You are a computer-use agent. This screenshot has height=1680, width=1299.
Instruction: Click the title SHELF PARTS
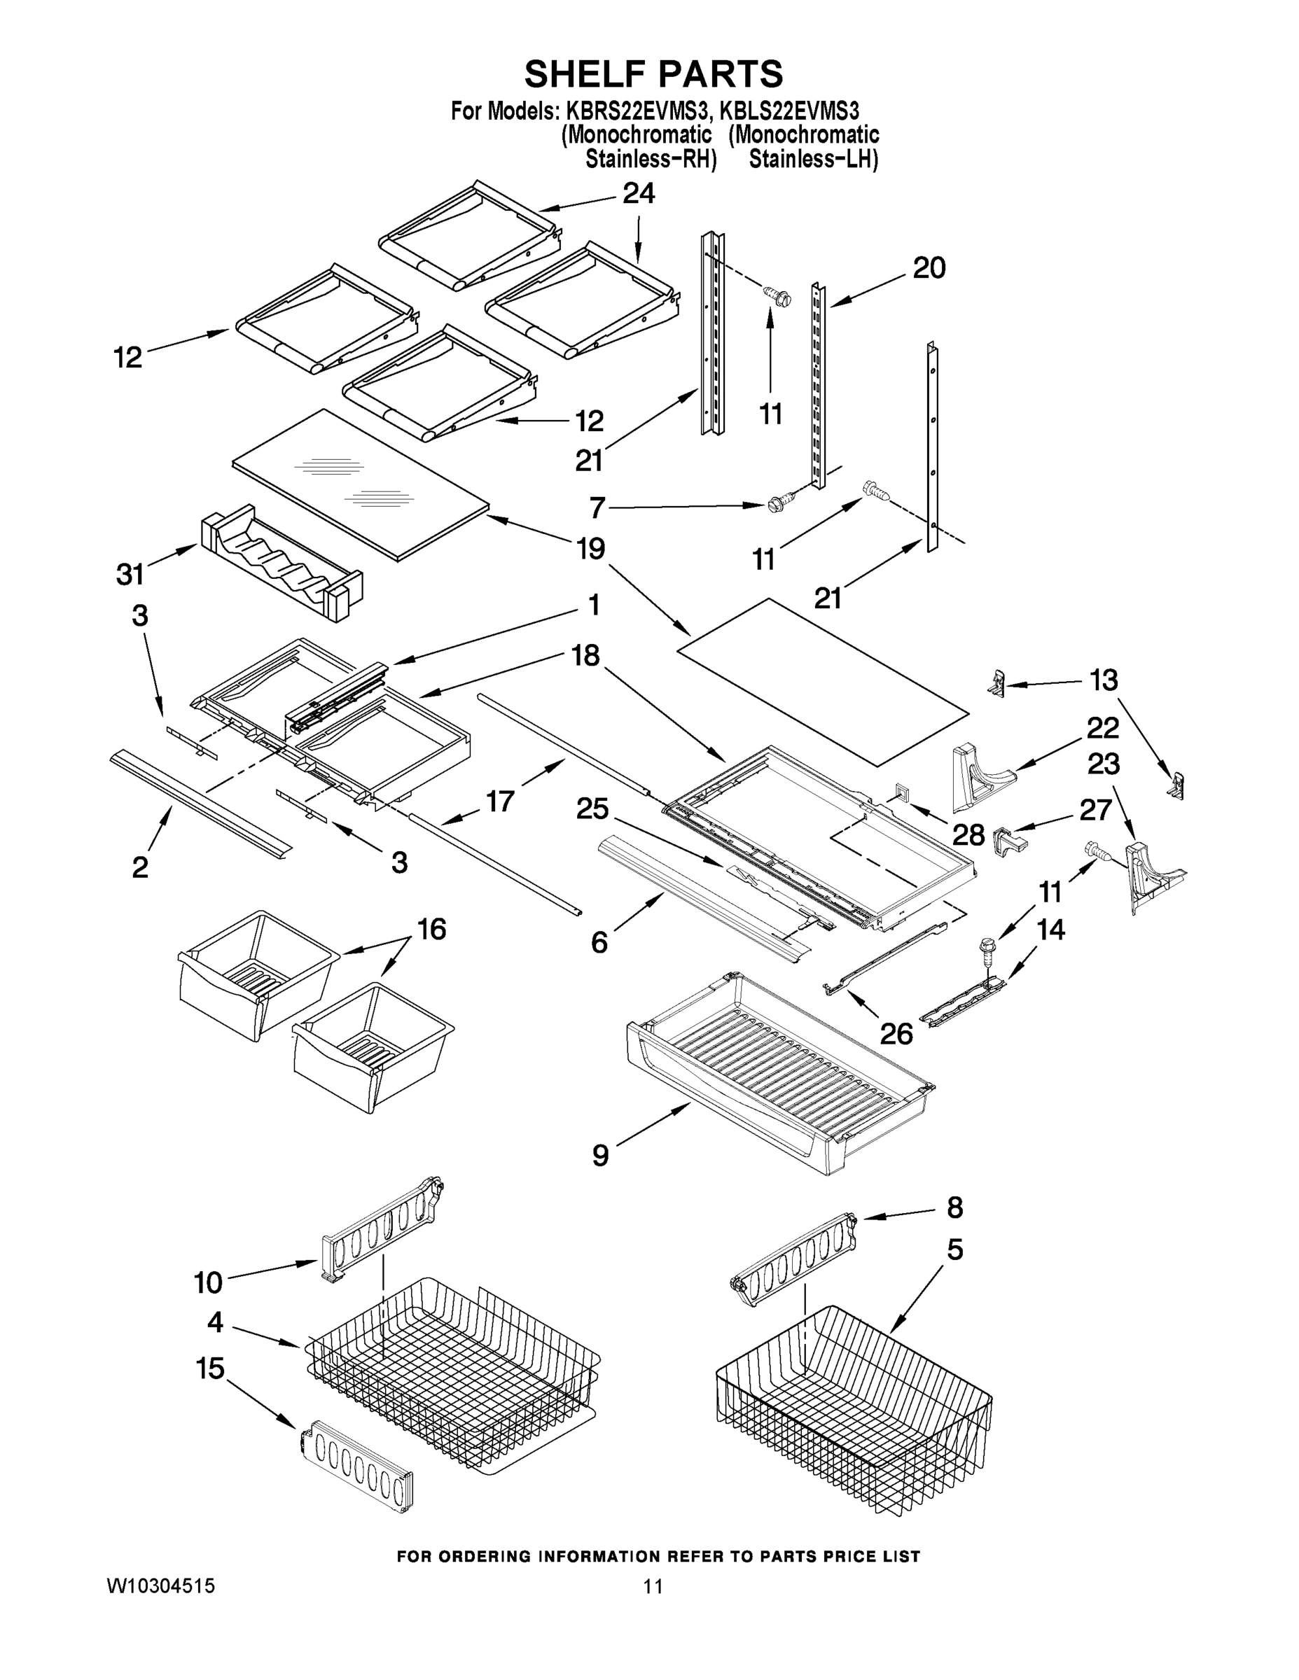(x=653, y=75)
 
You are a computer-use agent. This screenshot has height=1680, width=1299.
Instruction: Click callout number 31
(x=130, y=574)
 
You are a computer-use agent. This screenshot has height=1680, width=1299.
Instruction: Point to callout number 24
(x=638, y=194)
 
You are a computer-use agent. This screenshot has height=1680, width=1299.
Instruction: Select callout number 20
(x=929, y=269)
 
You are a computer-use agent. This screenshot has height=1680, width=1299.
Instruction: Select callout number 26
(x=896, y=1034)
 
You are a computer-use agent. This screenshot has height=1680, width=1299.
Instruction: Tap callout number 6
(x=599, y=941)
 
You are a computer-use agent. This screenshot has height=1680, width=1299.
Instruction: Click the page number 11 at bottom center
(x=653, y=1586)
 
